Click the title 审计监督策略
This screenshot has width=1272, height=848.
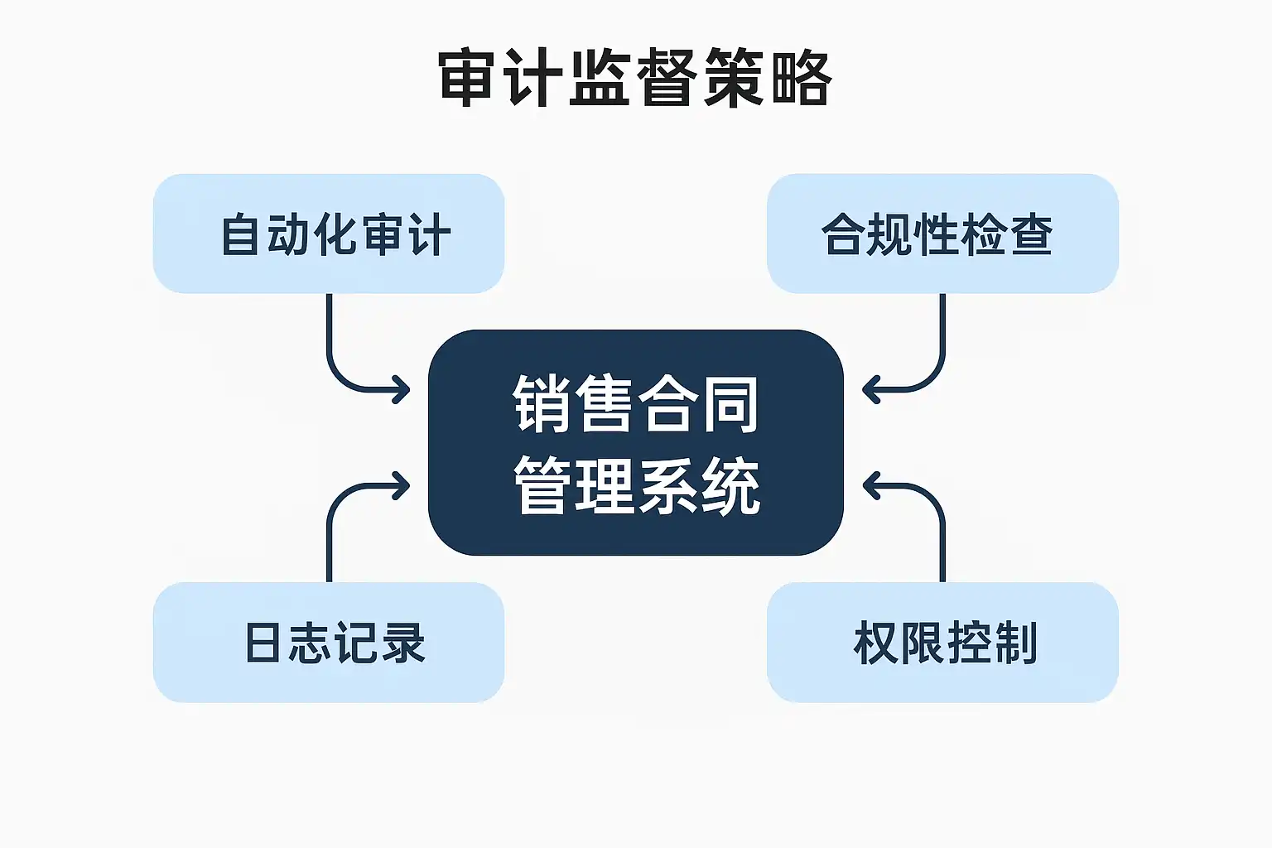pyautogui.click(x=635, y=79)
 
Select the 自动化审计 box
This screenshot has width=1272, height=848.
pyautogui.click(x=329, y=234)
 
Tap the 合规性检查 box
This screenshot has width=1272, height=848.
pyautogui.click(x=942, y=234)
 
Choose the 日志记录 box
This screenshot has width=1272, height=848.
pyautogui.click(x=329, y=643)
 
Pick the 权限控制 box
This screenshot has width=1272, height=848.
pyautogui.click(x=942, y=643)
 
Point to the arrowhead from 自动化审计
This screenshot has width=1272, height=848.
pyautogui.click(x=403, y=389)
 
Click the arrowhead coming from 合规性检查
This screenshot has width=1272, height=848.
pyautogui.click(x=869, y=389)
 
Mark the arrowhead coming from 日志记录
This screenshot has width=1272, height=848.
pyautogui.click(x=403, y=486)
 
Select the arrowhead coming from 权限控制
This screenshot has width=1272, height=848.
pyautogui.click(x=869, y=486)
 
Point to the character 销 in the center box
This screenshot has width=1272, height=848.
pyautogui.click(x=542, y=404)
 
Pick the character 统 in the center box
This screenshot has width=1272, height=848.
pyautogui.click(x=730, y=487)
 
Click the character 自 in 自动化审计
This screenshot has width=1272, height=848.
pyautogui.click(x=240, y=234)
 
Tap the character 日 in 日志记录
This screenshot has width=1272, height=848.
pyautogui.click(x=263, y=643)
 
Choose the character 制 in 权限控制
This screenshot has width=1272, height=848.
pyautogui.click(x=1016, y=643)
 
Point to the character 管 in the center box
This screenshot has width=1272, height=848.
pyautogui.click(x=542, y=487)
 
